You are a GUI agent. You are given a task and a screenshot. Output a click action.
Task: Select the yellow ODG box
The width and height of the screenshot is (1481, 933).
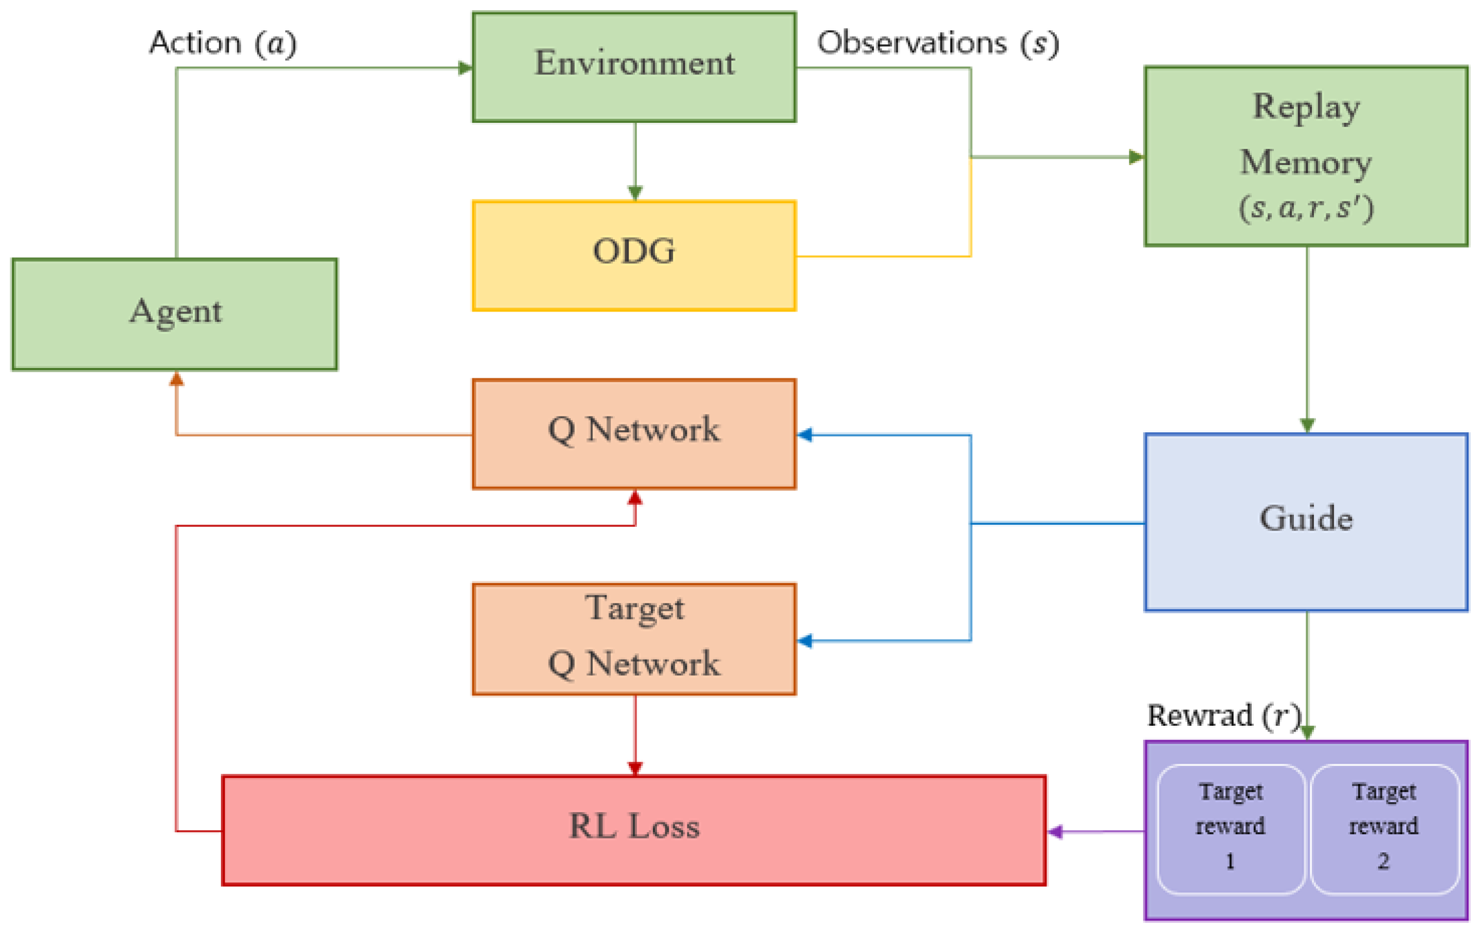coord(634,255)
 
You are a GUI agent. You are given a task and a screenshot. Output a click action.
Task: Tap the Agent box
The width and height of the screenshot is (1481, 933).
coord(174,314)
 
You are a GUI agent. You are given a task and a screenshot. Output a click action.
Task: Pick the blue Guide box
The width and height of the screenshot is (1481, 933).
coord(1306,522)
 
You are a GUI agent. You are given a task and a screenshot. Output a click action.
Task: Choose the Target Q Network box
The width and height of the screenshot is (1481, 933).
coord(634,639)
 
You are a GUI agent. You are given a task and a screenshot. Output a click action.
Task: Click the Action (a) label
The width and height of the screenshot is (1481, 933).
coord(223,43)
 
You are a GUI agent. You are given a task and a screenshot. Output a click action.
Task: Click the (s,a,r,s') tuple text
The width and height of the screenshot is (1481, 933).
coord(1306,208)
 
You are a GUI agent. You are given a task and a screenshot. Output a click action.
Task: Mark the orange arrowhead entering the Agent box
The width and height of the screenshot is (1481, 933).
coord(176,379)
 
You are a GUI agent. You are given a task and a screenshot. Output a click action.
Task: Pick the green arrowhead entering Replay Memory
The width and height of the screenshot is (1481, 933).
coord(1137,157)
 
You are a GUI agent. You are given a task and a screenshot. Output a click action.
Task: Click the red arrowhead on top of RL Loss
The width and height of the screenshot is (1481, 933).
coord(635,768)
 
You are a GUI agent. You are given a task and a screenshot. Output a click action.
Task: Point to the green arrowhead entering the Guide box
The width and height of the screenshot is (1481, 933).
coord(1308,425)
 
